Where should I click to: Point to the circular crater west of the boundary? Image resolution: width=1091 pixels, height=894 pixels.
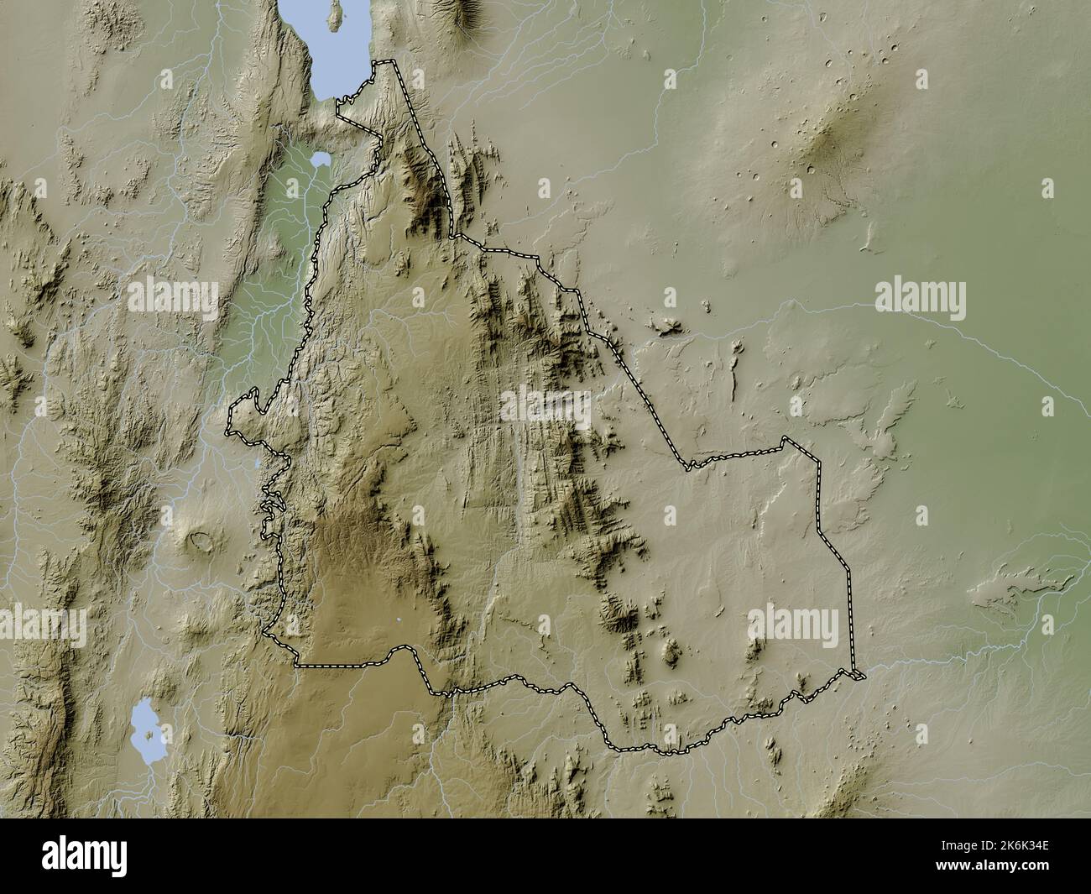[201, 543]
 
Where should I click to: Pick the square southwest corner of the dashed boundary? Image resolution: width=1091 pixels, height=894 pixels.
[296, 665]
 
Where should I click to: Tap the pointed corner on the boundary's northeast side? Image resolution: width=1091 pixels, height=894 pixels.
[785, 438]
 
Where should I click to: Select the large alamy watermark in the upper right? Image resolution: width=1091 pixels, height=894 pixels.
[920, 296]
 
